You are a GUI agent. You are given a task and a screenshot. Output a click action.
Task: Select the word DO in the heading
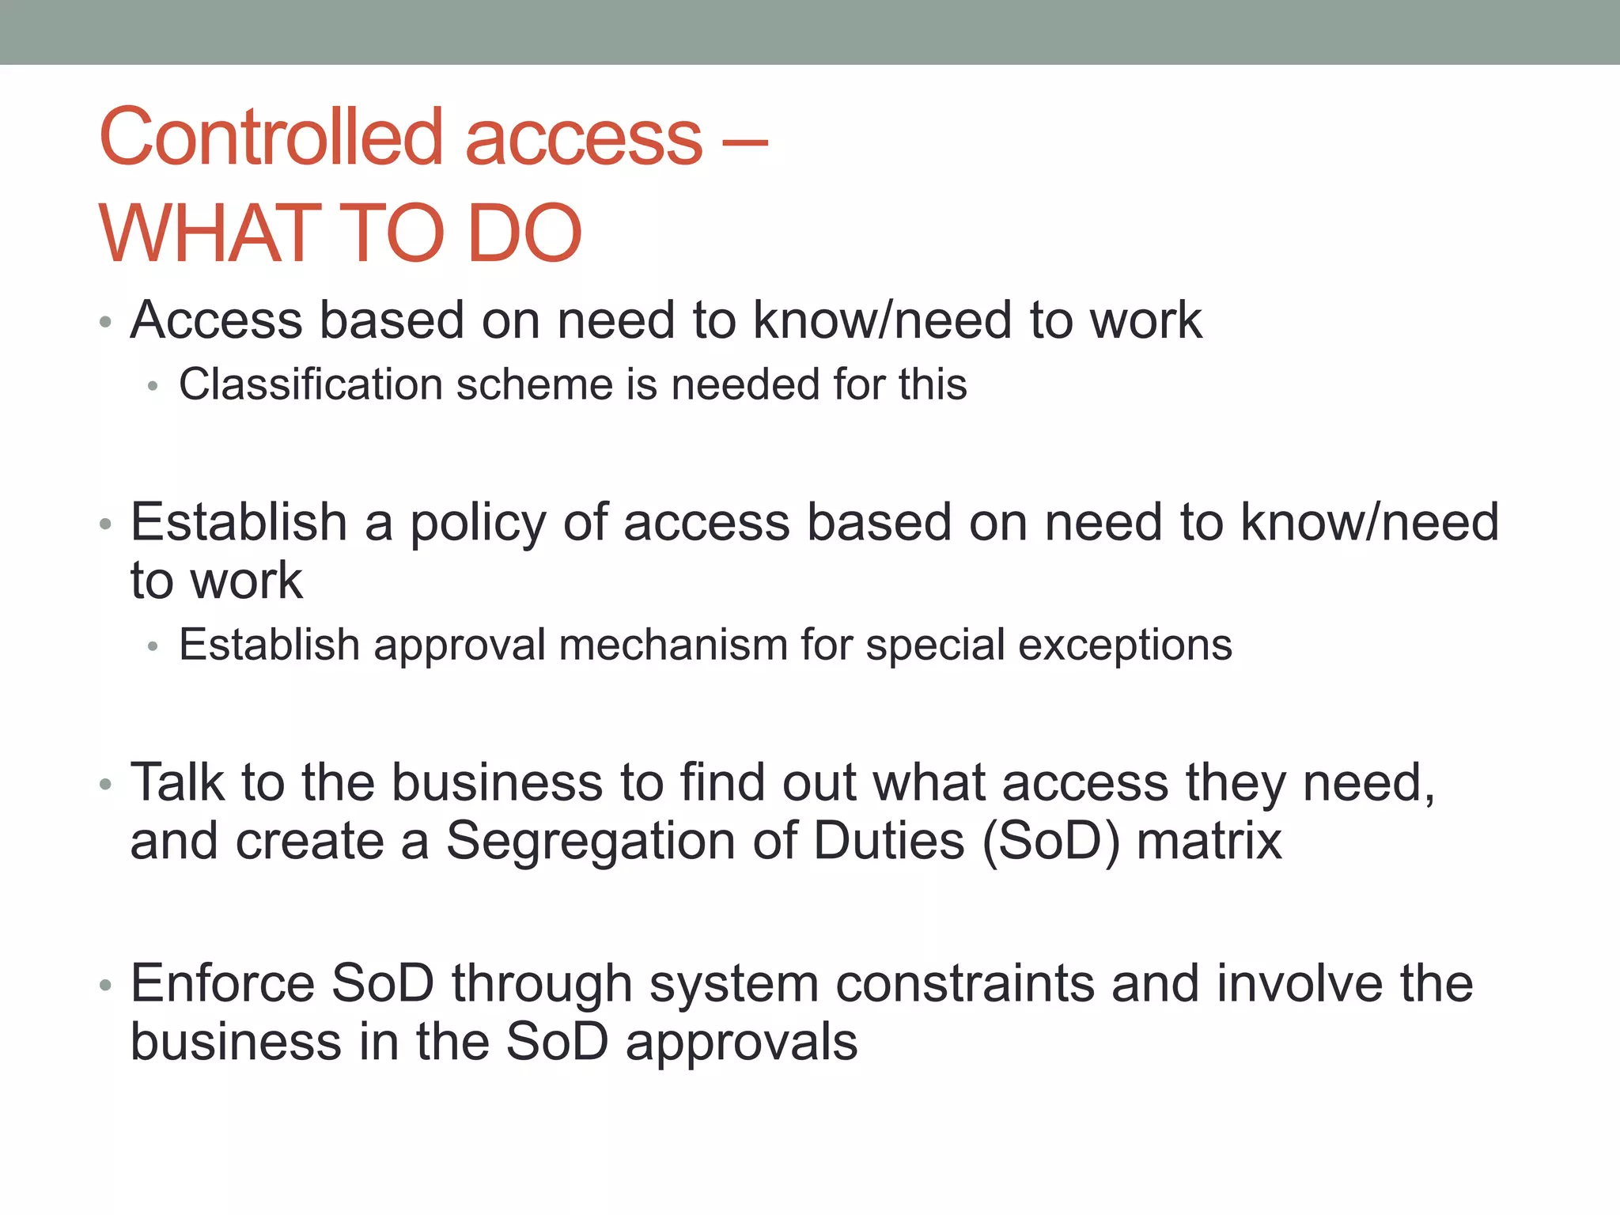[524, 234]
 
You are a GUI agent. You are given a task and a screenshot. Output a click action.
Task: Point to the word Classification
[310, 385]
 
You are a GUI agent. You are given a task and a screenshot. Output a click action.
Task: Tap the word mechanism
[673, 645]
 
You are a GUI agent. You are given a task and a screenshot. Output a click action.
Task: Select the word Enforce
[222, 983]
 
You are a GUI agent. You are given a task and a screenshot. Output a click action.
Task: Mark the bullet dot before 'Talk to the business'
[105, 785]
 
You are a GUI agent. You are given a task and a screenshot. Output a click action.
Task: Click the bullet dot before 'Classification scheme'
[153, 387]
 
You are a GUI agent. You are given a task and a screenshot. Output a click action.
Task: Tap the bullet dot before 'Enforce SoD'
[105, 986]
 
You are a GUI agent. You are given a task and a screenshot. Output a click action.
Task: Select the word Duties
[889, 842]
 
